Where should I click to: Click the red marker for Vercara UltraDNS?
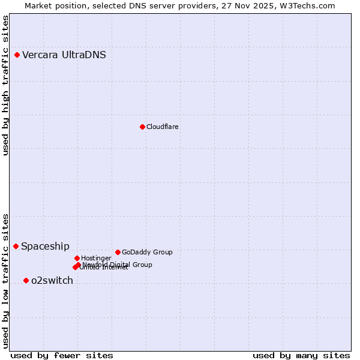17,55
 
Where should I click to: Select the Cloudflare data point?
142,127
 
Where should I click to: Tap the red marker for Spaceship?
16,246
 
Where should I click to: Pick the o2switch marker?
26,280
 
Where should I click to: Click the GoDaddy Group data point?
118,252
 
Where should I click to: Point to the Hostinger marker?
77,258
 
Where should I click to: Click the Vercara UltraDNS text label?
64,55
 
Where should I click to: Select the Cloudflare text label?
163,127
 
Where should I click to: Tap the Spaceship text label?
46,247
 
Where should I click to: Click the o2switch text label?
52,281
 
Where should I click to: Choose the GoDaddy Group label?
147,253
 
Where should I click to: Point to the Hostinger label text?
97,258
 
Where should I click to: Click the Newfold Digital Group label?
118,264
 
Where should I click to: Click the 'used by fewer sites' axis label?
62,355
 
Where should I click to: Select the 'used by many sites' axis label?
301,355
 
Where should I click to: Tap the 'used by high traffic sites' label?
5,85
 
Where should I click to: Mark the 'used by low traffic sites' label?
5,281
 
